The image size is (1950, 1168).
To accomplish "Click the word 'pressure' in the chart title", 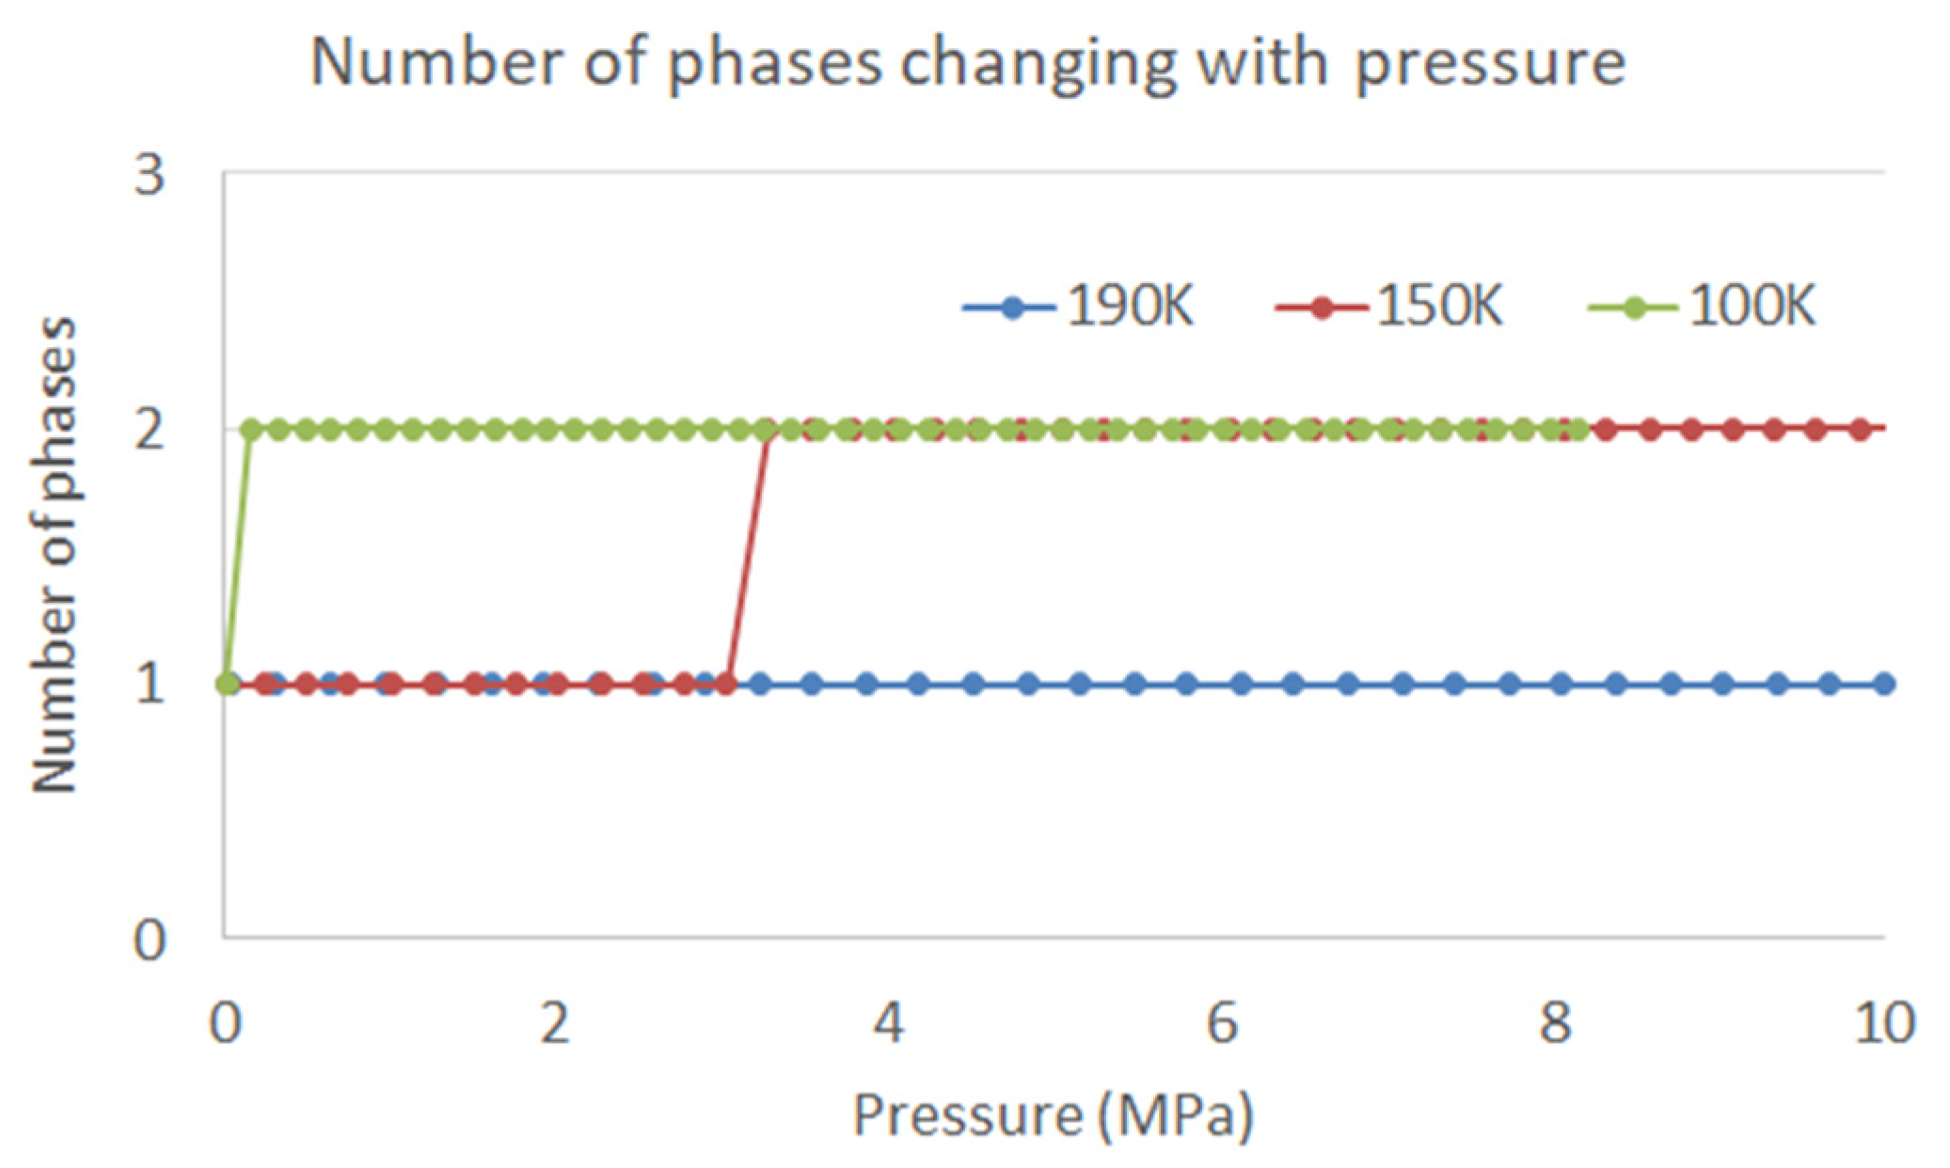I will click(1490, 64).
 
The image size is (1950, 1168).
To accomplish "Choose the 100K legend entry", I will click(1702, 308).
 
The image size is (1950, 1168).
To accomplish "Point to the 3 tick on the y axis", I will click(150, 175).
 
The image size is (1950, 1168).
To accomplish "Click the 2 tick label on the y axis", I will click(150, 430).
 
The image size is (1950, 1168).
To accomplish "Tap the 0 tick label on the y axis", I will click(150, 939).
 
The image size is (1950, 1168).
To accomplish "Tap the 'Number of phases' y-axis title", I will click(54, 555).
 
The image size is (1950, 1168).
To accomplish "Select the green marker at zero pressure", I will click(227, 684).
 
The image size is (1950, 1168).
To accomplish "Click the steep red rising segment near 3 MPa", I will click(749, 555).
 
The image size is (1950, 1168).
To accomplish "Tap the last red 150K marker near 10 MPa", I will click(1860, 430).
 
